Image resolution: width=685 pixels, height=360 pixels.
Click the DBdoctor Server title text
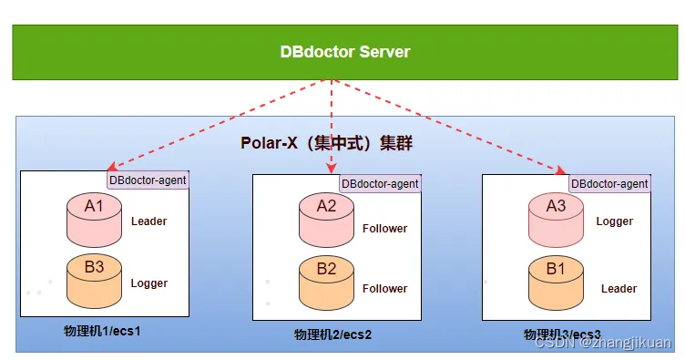coord(345,52)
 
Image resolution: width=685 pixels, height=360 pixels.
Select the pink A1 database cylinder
coord(94,220)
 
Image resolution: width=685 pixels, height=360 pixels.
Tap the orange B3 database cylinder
coord(94,281)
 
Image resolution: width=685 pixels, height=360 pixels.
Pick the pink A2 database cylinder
coord(326,220)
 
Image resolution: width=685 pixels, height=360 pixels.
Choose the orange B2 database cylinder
coord(326,283)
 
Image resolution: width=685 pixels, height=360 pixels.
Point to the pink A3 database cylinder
coord(556,220)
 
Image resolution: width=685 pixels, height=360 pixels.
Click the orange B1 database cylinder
coord(556,283)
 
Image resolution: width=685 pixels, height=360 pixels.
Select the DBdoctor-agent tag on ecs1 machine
coord(148,180)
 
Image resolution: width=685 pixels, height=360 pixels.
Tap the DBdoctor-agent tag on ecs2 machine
coord(380,183)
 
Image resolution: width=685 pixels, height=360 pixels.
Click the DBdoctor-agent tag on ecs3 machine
coord(609,183)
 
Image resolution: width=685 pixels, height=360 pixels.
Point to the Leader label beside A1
coord(149,221)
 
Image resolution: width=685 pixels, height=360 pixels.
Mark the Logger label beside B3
coord(149,283)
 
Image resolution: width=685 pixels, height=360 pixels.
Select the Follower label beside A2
coord(385,228)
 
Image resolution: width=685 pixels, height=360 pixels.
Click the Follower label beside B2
coord(385,288)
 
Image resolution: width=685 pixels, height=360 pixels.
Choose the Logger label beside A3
coord(614,221)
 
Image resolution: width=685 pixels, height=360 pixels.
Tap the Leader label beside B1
coord(619,288)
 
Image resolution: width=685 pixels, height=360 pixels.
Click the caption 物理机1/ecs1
coord(102,331)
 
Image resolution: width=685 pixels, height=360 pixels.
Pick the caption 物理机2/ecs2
coord(332,334)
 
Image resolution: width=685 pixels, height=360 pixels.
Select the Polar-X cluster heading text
coord(326,143)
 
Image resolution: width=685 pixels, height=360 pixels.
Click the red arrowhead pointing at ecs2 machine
coord(332,169)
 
